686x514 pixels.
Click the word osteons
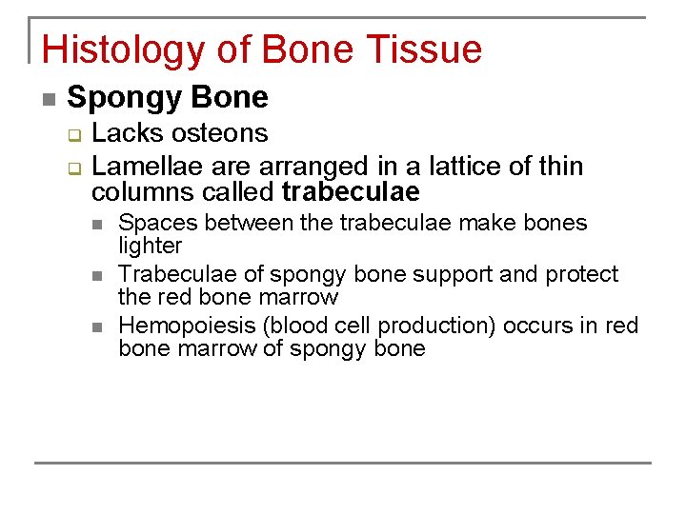[222, 133]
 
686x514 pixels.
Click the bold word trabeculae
[351, 192]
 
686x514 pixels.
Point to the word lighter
[150, 246]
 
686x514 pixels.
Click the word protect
[581, 274]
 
